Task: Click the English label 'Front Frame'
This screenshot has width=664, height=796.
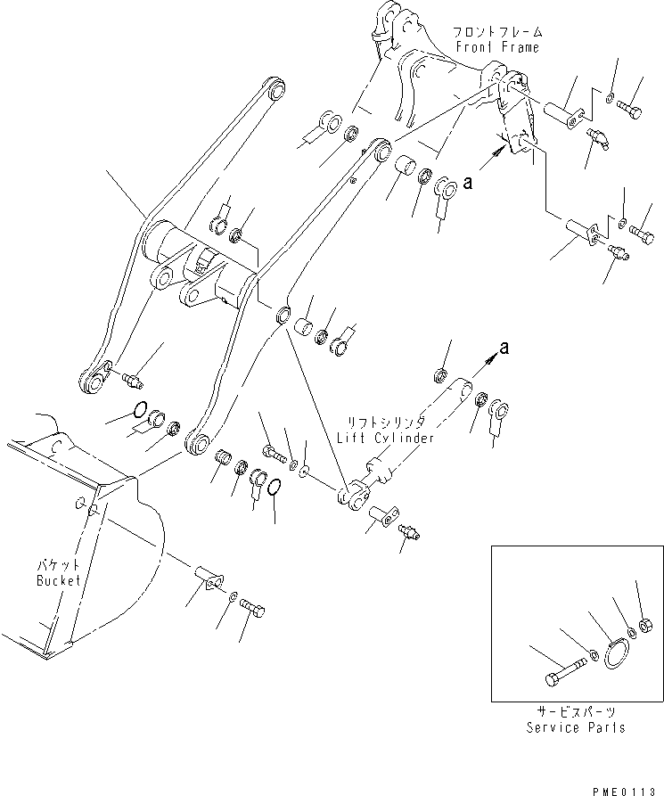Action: [496, 46]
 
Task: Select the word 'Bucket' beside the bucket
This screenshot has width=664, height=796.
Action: [59, 580]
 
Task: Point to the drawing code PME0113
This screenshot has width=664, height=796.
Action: [629, 786]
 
